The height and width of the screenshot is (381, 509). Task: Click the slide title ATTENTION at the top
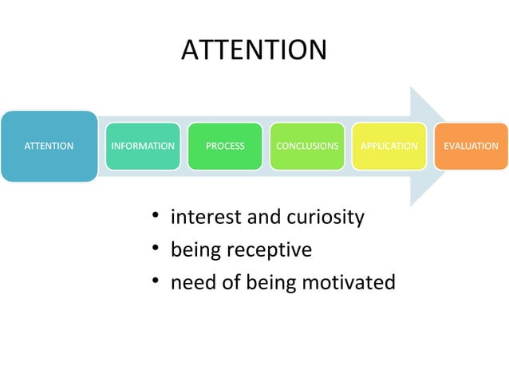pyautogui.click(x=254, y=49)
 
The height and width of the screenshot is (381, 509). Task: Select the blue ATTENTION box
pyautogui.click(x=49, y=146)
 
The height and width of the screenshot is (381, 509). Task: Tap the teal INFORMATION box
pyautogui.click(x=142, y=146)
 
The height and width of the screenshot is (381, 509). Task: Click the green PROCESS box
pyautogui.click(x=225, y=146)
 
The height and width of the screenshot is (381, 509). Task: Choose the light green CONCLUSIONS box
pyautogui.click(x=307, y=146)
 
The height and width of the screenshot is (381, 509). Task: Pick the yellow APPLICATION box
pyautogui.click(x=389, y=146)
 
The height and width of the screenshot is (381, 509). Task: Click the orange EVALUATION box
pyautogui.click(x=471, y=146)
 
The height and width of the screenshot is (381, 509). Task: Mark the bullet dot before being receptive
pyautogui.click(x=158, y=250)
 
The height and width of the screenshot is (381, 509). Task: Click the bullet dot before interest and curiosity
pyautogui.click(x=158, y=217)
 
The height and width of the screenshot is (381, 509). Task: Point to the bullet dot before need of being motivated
pyautogui.click(x=158, y=282)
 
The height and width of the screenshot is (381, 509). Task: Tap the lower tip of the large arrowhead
pyautogui.click(x=412, y=204)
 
